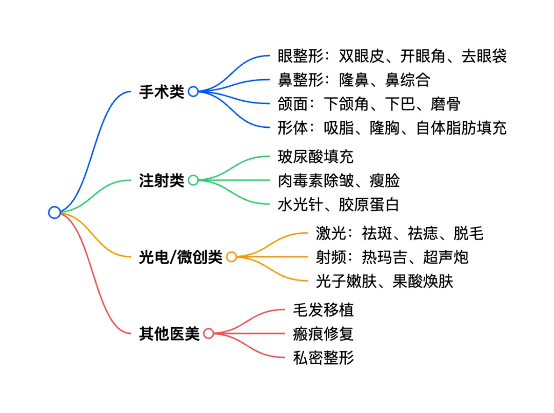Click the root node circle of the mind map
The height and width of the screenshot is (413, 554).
click(x=54, y=212)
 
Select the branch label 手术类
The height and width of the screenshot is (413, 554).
click(x=161, y=92)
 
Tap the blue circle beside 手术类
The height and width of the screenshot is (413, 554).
click(x=193, y=91)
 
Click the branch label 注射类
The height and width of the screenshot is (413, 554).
click(x=161, y=180)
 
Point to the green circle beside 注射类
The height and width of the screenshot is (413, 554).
click(x=193, y=180)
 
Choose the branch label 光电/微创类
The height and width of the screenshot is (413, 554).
click(x=181, y=257)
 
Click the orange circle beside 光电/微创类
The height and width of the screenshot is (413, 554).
click(x=231, y=257)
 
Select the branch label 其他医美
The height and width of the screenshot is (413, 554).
click(x=169, y=334)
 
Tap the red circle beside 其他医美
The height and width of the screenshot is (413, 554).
click(x=208, y=333)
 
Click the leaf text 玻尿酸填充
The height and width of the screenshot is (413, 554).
click(x=315, y=156)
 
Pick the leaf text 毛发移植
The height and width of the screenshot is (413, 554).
click(x=323, y=310)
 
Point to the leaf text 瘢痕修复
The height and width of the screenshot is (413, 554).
click(x=323, y=334)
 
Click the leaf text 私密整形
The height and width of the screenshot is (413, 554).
click(x=323, y=358)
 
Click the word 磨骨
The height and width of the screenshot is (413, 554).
click(x=445, y=104)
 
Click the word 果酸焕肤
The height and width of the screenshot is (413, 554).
click(x=423, y=281)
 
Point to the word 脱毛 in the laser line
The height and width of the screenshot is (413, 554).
click(x=468, y=233)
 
